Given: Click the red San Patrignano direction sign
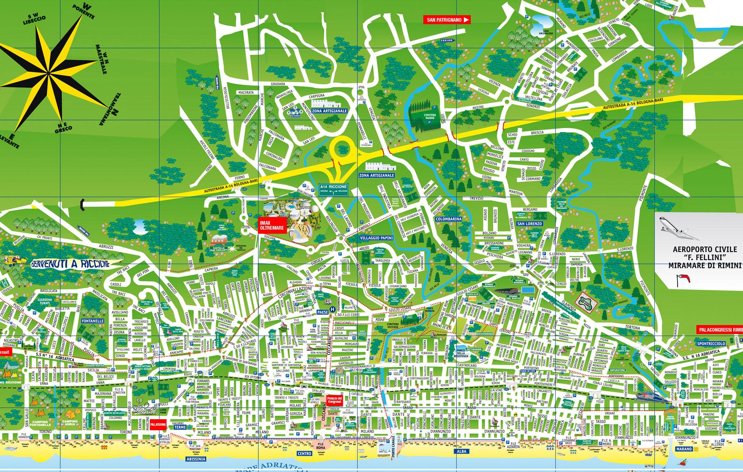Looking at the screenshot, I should (447, 19).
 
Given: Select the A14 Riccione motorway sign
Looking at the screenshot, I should (333, 190).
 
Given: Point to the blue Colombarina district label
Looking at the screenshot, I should (449, 219).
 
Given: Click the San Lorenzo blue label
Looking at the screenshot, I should (529, 224).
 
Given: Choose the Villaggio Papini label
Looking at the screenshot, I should (376, 238).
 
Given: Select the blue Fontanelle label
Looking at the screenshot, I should (93, 321).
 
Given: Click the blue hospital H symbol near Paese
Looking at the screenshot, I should (332, 309).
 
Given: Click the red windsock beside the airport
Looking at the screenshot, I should (683, 278).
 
